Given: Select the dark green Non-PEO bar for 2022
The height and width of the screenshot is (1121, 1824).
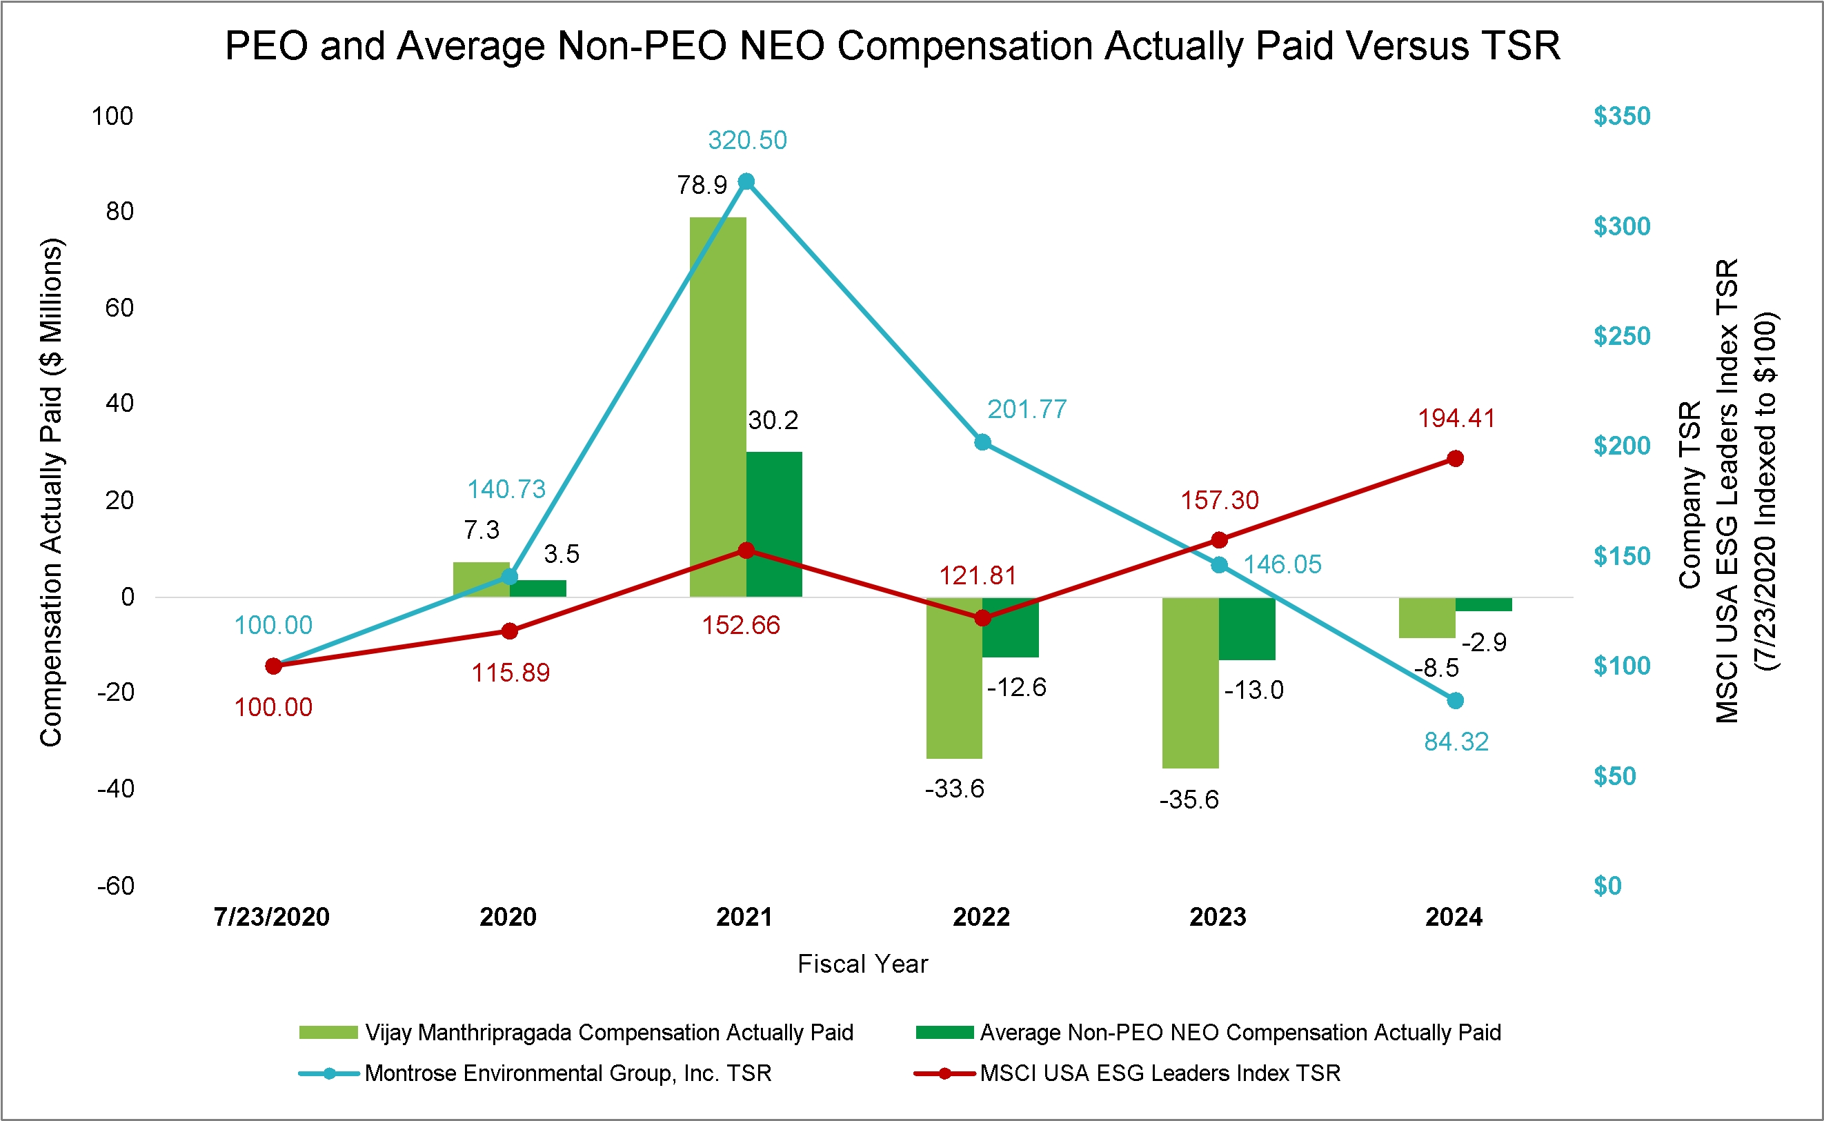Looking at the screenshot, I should click(1010, 627).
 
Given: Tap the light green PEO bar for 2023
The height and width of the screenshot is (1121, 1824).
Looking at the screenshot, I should click(1190, 682).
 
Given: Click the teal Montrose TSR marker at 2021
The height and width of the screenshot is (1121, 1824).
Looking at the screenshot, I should click(746, 181).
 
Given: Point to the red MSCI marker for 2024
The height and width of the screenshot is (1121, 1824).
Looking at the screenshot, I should click(1456, 459).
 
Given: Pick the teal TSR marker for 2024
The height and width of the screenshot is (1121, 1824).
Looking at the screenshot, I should click(1456, 701).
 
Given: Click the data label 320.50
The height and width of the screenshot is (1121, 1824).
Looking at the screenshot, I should click(747, 140).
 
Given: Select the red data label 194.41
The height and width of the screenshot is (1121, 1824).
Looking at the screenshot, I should click(1456, 419).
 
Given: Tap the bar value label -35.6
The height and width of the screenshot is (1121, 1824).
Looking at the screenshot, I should click(1189, 800).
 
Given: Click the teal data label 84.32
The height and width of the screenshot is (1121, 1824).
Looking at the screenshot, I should click(1456, 742).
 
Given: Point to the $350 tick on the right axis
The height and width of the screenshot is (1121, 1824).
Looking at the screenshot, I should click(1622, 117).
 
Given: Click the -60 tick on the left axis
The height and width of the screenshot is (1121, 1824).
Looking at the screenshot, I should click(117, 886).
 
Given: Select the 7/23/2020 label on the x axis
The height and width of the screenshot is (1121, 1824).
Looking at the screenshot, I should click(271, 917).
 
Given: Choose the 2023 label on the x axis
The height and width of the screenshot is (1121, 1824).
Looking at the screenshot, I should click(1218, 917).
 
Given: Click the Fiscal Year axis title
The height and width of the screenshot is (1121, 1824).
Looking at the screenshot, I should click(862, 964).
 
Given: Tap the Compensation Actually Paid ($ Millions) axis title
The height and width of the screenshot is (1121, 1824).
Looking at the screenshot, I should click(51, 493).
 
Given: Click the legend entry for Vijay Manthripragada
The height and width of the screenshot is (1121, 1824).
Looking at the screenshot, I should click(608, 1033).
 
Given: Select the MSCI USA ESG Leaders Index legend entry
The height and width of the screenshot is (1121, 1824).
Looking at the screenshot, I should click(1160, 1073).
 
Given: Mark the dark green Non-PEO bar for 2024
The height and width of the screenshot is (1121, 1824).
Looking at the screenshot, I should click(1484, 604).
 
